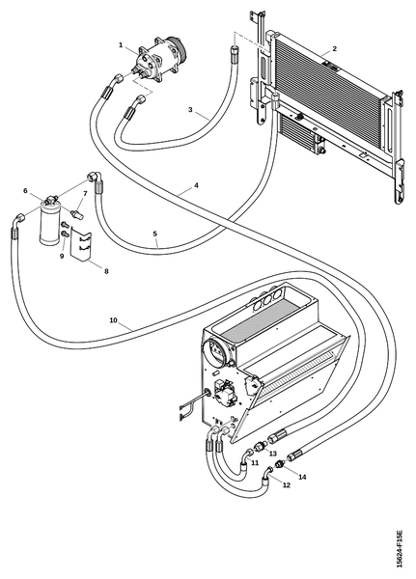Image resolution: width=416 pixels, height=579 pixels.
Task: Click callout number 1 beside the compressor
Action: point(121,44)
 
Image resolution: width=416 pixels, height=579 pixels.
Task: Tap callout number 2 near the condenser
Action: point(334,49)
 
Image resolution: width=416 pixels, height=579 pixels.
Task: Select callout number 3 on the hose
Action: point(190,110)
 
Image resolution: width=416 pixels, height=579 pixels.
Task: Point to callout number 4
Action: point(197,185)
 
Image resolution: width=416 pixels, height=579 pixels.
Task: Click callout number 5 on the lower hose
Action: point(155,234)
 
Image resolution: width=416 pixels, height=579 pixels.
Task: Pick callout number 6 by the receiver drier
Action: point(25,190)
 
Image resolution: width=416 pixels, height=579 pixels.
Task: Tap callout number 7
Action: point(85,193)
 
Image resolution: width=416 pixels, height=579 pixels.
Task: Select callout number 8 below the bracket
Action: point(106,271)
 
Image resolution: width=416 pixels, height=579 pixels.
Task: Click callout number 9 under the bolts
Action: point(62,256)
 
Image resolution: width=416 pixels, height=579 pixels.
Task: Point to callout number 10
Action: point(114,320)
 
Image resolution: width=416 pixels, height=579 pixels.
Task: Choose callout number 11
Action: point(255,462)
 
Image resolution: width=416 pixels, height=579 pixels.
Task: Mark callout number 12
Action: point(287,484)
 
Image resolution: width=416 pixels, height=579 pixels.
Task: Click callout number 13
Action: point(272,454)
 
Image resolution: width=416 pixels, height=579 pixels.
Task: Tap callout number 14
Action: point(302,477)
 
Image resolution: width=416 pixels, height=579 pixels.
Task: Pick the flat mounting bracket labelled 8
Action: point(81,244)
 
